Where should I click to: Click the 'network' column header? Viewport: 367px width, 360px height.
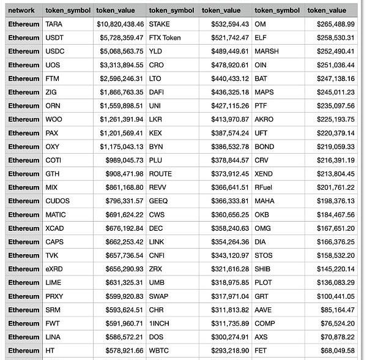[21, 10]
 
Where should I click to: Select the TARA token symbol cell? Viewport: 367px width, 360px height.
[53, 24]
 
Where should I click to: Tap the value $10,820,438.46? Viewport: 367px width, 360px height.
[120, 24]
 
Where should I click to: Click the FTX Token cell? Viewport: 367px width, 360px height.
[165, 38]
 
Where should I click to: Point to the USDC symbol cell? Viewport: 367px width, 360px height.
[54, 51]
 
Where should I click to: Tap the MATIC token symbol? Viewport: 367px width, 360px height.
[56, 215]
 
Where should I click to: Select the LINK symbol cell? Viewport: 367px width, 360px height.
[157, 242]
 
